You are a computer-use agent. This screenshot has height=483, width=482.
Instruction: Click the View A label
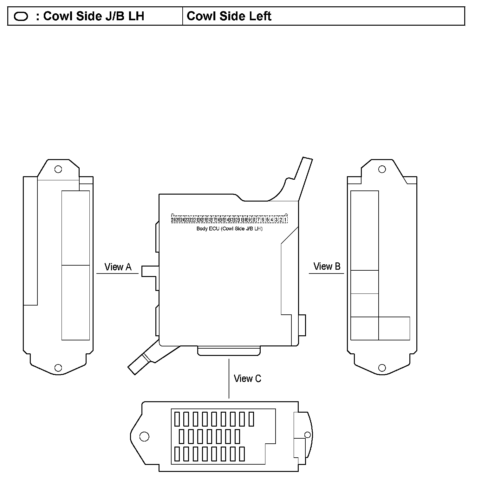(x=118, y=267)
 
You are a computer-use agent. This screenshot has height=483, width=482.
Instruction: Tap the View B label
(x=327, y=266)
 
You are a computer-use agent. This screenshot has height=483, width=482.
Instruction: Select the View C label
(x=247, y=378)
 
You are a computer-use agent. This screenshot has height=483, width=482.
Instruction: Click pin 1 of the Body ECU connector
(x=285, y=220)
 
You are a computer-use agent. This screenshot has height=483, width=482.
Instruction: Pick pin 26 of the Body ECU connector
(x=173, y=220)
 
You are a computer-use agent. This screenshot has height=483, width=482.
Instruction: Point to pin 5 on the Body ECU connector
(x=267, y=220)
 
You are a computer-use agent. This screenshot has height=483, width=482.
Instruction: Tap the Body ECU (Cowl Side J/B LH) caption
(x=229, y=229)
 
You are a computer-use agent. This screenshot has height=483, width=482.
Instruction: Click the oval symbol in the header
(x=21, y=16)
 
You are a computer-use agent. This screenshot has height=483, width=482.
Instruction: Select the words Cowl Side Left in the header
(x=229, y=16)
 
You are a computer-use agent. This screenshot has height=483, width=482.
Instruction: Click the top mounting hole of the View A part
(x=58, y=169)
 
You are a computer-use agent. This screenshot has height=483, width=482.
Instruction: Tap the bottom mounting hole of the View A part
(x=58, y=368)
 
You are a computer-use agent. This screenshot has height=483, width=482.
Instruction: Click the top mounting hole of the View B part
(x=382, y=169)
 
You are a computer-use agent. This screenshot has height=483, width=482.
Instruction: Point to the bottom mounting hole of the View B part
(x=382, y=368)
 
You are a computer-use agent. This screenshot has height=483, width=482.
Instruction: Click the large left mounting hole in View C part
(x=144, y=436)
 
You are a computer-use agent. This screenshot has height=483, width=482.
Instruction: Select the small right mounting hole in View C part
(x=307, y=435)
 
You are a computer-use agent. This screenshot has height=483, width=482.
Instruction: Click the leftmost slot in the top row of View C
(x=177, y=419)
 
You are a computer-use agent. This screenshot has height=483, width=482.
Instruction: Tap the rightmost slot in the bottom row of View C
(x=242, y=454)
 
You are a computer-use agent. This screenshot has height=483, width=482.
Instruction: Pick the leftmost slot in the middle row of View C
(x=181, y=436)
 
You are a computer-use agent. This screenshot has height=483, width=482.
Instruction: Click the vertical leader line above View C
(x=229, y=379)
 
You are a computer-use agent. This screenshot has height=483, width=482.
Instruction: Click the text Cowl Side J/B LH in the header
(x=94, y=16)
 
